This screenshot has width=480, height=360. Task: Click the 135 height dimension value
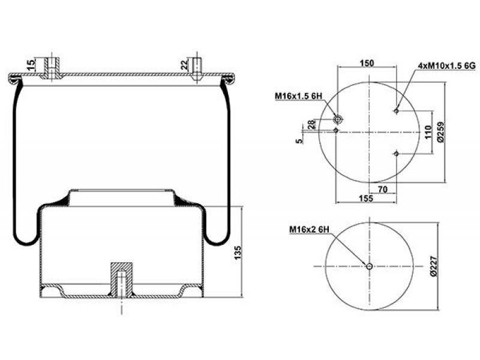pos(238,253)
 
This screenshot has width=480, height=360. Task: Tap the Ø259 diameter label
pos(441,132)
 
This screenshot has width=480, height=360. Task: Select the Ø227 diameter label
pos(434,266)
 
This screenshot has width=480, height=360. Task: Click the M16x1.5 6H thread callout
pos(298,96)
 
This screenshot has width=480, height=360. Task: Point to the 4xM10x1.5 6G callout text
pos(446,65)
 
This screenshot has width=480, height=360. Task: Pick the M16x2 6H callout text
pos(309,229)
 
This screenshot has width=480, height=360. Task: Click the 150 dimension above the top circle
pos(367,63)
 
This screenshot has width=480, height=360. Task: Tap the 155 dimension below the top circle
pos(366,199)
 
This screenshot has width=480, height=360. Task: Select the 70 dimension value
pos(383,190)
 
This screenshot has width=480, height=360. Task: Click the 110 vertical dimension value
pos(428,132)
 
